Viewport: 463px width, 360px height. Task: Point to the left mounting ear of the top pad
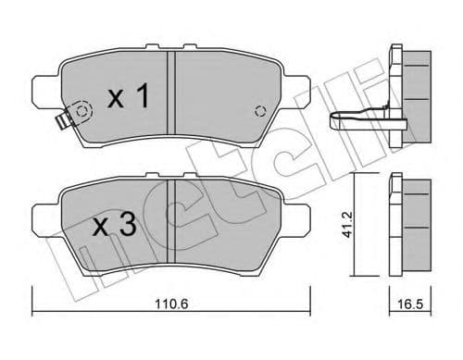point(41,93)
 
